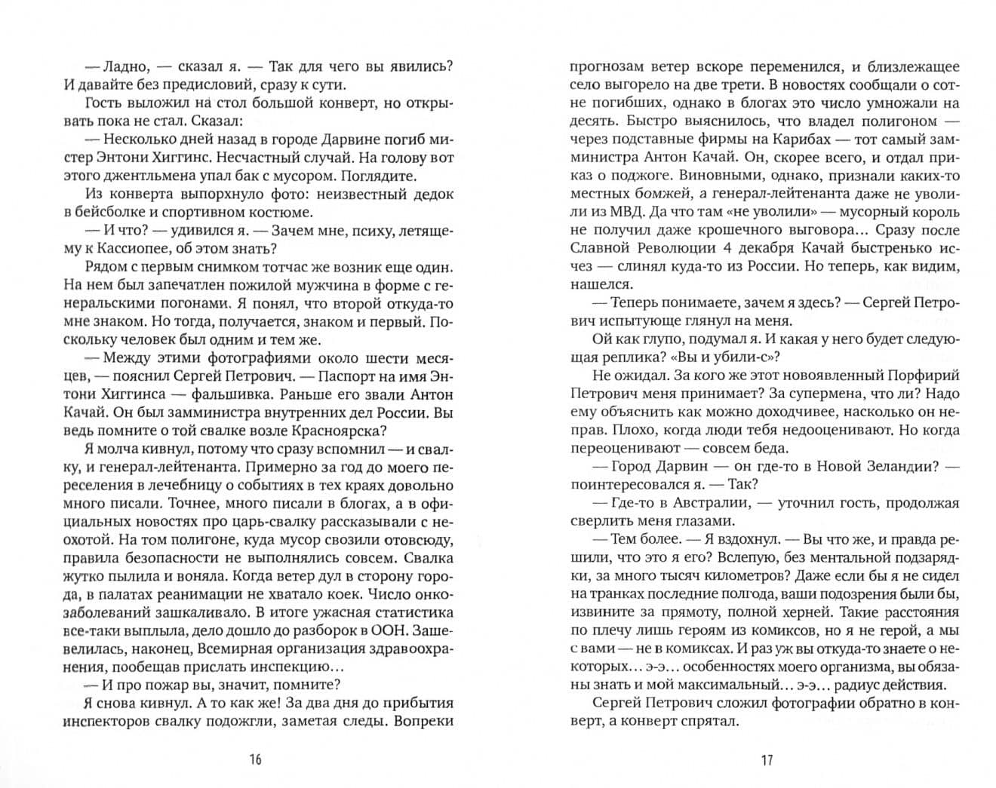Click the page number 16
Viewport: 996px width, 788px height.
[255, 759]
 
